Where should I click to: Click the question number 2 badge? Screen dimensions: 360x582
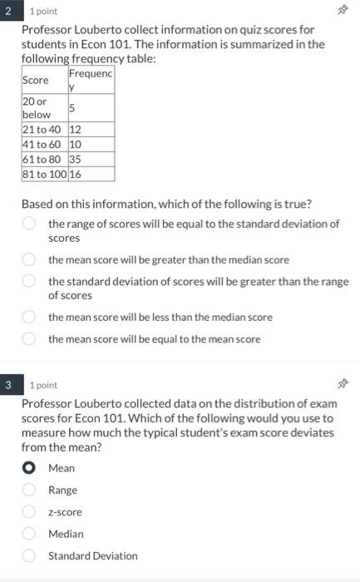pos(7,12)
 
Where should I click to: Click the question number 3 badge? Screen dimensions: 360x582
pos(7,385)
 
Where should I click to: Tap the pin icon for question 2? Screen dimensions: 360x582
pos(340,12)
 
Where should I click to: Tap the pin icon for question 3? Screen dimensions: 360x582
pos(340,385)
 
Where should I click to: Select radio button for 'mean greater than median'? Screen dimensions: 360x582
pos(28,260)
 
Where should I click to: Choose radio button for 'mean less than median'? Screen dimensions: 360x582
pos(28,317)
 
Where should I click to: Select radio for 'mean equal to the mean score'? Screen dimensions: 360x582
pos(28,339)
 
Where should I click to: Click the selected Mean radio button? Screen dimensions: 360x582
pos(28,468)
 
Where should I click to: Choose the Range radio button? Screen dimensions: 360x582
pos(28,491)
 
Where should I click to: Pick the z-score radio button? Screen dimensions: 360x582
pos(28,512)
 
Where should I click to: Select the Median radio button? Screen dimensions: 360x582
pos(28,534)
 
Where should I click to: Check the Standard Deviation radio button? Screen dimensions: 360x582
pos(28,555)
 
